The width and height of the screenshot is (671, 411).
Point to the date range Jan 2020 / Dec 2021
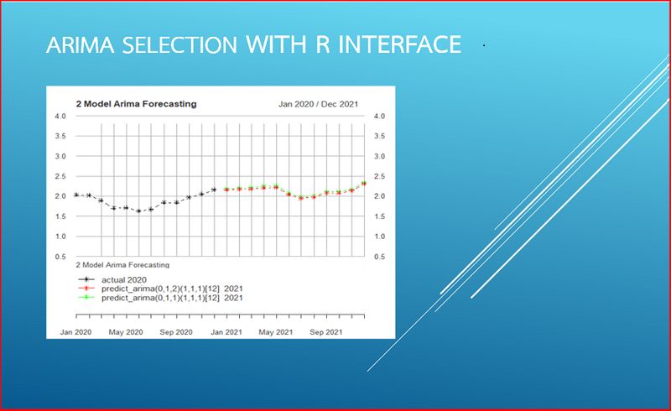click(x=318, y=104)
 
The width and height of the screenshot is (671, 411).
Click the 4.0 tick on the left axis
click(x=60, y=116)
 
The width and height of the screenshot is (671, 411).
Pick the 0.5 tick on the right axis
click(x=379, y=256)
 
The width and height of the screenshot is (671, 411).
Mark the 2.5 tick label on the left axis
click(x=60, y=176)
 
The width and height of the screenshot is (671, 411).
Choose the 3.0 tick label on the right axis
click(x=379, y=156)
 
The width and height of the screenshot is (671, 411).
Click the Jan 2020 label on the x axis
click(x=75, y=332)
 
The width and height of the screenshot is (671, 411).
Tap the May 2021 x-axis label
click(x=276, y=332)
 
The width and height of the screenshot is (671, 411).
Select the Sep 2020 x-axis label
click(x=177, y=332)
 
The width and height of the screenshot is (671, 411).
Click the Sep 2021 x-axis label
click(x=325, y=332)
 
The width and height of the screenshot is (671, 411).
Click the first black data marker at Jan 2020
click(x=76, y=195)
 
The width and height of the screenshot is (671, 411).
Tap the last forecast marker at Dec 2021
click(x=364, y=182)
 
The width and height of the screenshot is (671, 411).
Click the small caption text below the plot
click(x=122, y=264)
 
